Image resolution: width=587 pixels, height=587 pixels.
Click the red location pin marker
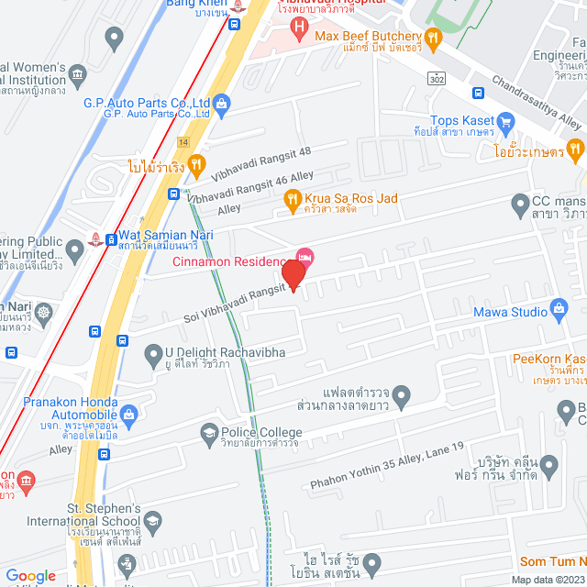click(293, 274)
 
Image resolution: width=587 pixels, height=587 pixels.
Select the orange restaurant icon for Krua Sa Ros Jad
click(292, 198)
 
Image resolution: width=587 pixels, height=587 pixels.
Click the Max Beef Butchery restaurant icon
click(435, 38)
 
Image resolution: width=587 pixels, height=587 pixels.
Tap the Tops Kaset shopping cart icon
click(505, 121)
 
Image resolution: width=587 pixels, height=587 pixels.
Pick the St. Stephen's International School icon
click(153, 525)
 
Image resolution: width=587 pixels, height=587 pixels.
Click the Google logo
click(31, 575)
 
